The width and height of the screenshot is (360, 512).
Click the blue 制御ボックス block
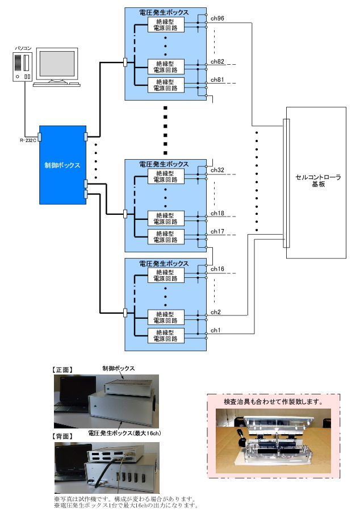pyautogui.click(x=62, y=165)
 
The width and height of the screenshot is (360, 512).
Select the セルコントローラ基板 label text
pyautogui.click(x=318, y=181)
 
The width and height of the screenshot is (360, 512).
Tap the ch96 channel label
pyautogui.click(x=217, y=19)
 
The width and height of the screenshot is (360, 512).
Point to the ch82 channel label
pyautogui.click(x=217, y=61)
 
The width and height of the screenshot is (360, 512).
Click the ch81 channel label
pyautogui.click(x=217, y=80)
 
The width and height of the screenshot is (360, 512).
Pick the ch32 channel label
pyautogui.click(x=217, y=170)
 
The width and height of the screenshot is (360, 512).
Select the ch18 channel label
pyautogui.click(x=217, y=213)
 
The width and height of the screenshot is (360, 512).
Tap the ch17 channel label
pyautogui.click(x=217, y=232)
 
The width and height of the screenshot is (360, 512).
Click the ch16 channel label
pyautogui.click(x=217, y=269)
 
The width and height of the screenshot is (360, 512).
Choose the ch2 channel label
pyautogui.click(x=215, y=312)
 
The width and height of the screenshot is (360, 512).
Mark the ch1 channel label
pyautogui.click(x=215, y=330)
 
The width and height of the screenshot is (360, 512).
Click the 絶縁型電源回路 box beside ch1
pyautogui.click(x=166, y=335)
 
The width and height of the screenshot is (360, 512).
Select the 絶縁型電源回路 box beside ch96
pyautogui.click(x=166, y=25)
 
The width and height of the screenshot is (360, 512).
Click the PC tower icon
pyautogui.click(x=23, y=66)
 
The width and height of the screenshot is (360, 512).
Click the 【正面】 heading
pyautogui.click(x=62, y=369)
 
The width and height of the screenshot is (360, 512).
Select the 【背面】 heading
pyautogui.click(x=62, y=436)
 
